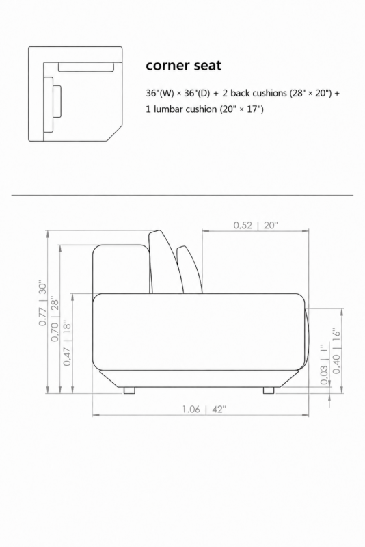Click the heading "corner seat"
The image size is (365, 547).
pos(183,65)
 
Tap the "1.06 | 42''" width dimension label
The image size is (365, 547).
pos(204,409)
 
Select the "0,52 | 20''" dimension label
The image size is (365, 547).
pos(256,225)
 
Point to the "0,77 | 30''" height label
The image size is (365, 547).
pos(42,302)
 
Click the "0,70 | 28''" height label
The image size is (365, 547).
pos(55,319)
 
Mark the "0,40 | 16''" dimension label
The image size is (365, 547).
pos(336,350)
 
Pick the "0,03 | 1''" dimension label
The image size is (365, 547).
pos(324,364)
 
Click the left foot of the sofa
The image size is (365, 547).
pos(129,390)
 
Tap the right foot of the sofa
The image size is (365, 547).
pos(269,390)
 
